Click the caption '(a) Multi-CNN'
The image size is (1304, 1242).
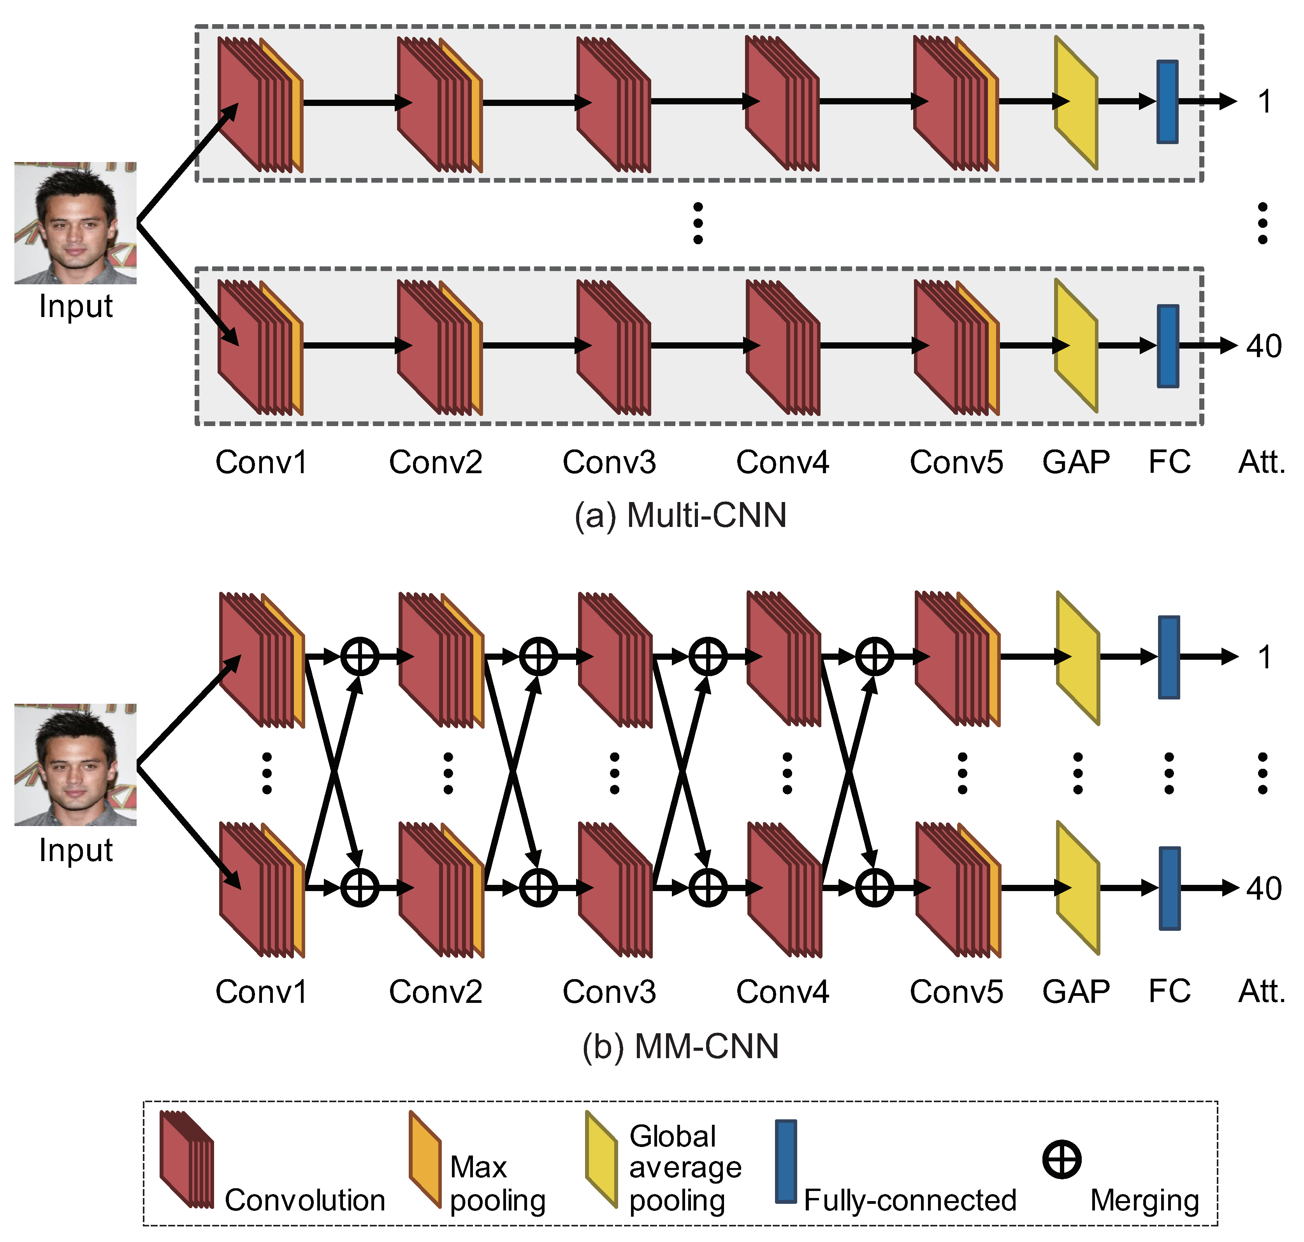[x=680, y=516]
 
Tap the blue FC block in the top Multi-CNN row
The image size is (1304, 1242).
[x=1167, y=102]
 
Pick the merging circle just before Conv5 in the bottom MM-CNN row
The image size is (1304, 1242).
[x=875, y=888]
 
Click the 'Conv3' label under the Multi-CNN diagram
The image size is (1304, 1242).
[x=609, y=462]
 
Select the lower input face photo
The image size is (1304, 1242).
[x=76, y=765]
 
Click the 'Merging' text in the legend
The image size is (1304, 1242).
[x=1144, y=1200]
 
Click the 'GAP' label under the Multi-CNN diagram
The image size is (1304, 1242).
[x=1076, y=462]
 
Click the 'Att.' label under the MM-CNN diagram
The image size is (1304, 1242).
[x=1262, y=992]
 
